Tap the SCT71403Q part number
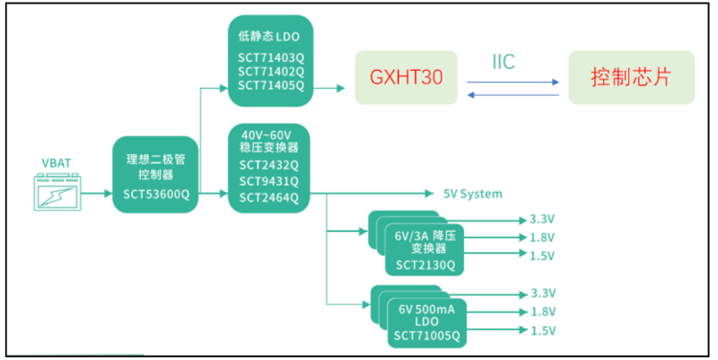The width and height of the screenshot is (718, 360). [x=271, y=57]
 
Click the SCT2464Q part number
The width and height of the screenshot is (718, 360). [x=271, y=198]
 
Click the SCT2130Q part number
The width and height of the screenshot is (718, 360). [x=425, y=265]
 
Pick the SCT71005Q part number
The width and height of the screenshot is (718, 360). [x=425, y=337]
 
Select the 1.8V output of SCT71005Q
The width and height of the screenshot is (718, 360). [x=544, y=312]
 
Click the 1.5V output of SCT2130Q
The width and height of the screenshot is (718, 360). [x=544, y=255]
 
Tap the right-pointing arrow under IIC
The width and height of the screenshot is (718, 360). [x=512, y=81]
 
